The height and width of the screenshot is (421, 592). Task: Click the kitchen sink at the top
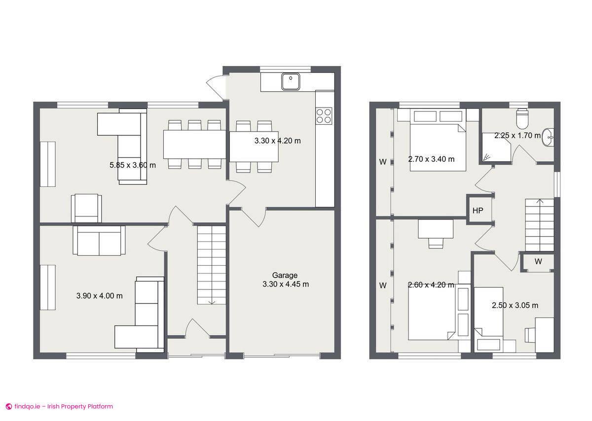pyautogui.click(x=291, y=81)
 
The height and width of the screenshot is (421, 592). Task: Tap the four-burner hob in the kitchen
pyautogui.click(x=324, y=115)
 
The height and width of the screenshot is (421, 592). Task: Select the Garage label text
pyautogui.click(x=285, y=275)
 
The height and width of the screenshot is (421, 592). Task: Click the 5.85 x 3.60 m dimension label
pyautogui.click(x=132, y=165)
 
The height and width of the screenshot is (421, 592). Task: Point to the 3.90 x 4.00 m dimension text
pyautogui.click(x=99, y=296)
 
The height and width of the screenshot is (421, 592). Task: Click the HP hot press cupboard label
pyautogui.click(x=478, y=210)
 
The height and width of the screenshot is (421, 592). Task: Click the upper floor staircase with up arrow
pyautogui.click(x=539, y=224)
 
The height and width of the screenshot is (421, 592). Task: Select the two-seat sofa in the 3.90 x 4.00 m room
pyautogui.click(x=99, y=241)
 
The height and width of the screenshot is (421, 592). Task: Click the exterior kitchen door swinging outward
pyautogui.click(x=215, y=87)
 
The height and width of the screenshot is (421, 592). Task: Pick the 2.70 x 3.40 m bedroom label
pyautogui.click(x=431, y=159)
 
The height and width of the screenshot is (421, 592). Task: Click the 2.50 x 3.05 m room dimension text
pyautogui.click(x=515, y=306)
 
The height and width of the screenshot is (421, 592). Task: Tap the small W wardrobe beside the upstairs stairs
pyautogui.click(x=538, y=262)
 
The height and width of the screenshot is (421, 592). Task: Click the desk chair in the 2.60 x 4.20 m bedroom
pyautogui.click(x=436, y=242)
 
